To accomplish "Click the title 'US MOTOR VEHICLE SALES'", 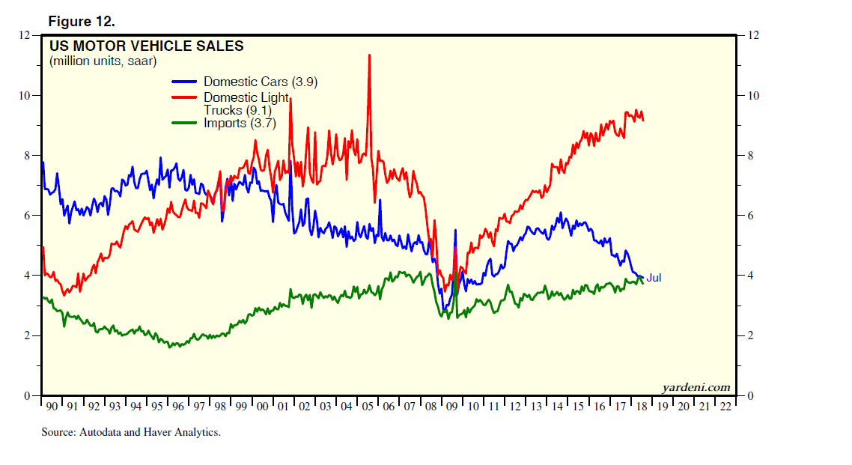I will (x=146, y=46).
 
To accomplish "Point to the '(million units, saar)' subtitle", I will (x=103, y=61).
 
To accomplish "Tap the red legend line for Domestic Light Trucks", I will (x=184, y=97).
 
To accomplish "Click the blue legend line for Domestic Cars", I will (x=184, y=82).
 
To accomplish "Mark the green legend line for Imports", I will (x=184, y=123).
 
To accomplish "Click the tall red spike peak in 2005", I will (x=369, y=55).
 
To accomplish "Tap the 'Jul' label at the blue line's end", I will (x=654, y=278).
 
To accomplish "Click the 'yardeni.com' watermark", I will (x=696, y=387).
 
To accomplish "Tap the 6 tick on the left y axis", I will (x=26, y=216).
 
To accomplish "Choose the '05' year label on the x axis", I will (x=369, y=406).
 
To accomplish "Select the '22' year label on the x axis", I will (x=725, y=406).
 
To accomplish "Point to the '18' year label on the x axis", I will (x=642, y=406).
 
